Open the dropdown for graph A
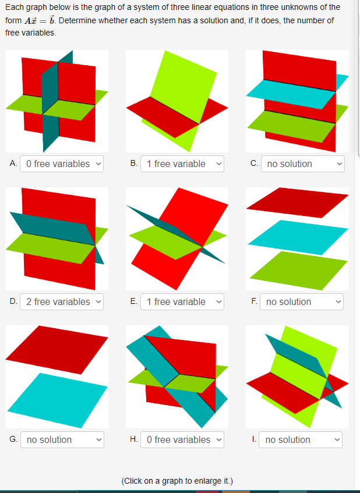tap(62, 164)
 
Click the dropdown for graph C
tap(302, 164)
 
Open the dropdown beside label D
tap(62, 302)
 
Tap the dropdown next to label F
tap(302, 302)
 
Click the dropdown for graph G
tap(62, 439)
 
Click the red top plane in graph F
tap(297, 201)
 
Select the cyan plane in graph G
tap(57, 400)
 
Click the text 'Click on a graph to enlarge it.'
tap(177, 481)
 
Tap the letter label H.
tap(134, 439)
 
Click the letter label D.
tap(13, 302)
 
